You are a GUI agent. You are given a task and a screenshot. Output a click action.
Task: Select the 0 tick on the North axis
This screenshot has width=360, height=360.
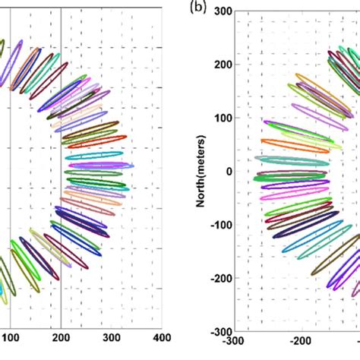226,171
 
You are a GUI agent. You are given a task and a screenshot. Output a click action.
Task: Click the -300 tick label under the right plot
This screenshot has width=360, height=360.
232,343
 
